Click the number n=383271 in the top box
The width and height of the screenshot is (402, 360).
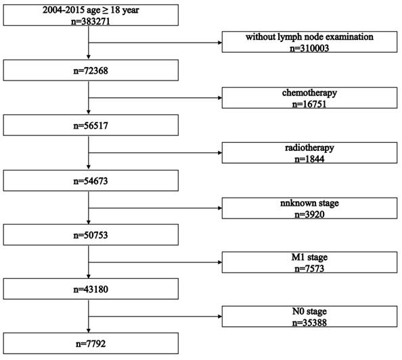click(x=91, y=21)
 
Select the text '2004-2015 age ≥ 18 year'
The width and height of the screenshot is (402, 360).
click(x=91, y=10)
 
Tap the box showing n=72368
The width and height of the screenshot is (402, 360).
click(x=91, y=70)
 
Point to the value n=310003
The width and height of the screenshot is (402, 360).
click(x=309, y=48)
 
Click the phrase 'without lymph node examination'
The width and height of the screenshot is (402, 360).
click(x=309, y=37)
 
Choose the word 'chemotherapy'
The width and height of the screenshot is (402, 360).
click(x=309, y=93)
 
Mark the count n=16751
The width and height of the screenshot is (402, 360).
click(x=309, y=104)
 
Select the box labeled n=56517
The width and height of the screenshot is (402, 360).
click(x=91, y=125)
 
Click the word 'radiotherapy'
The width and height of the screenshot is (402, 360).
click(x=309, y=148)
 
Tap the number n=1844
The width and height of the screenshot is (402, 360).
click(x=309, y=159)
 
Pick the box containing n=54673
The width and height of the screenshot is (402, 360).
click(x=91, y=181)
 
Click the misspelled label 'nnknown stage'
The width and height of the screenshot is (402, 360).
click(x=309, y=203)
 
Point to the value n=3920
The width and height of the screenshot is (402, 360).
click(x=309, y=214)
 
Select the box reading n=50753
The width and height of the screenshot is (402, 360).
click(x=91, y=235)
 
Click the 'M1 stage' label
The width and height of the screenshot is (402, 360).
click(x=309, y=257)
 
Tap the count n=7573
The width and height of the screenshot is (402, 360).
click(x=309, y=268)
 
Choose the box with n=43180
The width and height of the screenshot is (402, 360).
click(x=91, y=289)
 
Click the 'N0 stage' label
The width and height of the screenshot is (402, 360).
click(x=309, y=311)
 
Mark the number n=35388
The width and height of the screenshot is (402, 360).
click(x=309, y=323)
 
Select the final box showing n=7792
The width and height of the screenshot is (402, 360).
click(x=91, y=343)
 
